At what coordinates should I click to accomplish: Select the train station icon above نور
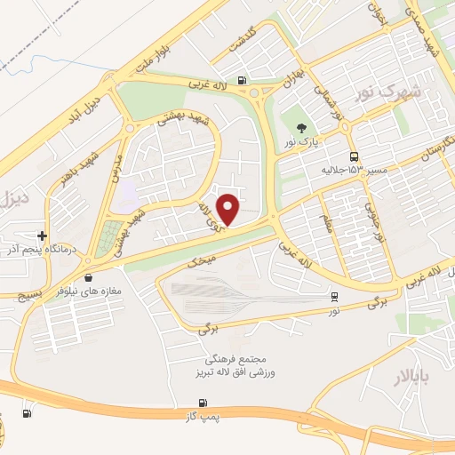click(334, 297)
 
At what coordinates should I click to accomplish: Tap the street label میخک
click(203, 262)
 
